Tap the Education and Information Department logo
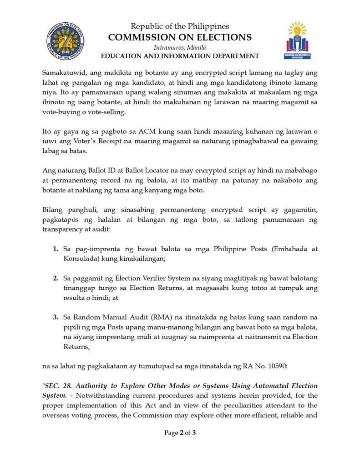point(297,41)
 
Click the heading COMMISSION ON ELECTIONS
point(180,37)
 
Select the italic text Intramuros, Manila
point(180,47)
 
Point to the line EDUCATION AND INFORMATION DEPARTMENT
point(180,56)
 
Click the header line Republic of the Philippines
point(180,27)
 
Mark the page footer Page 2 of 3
point(180,433)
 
